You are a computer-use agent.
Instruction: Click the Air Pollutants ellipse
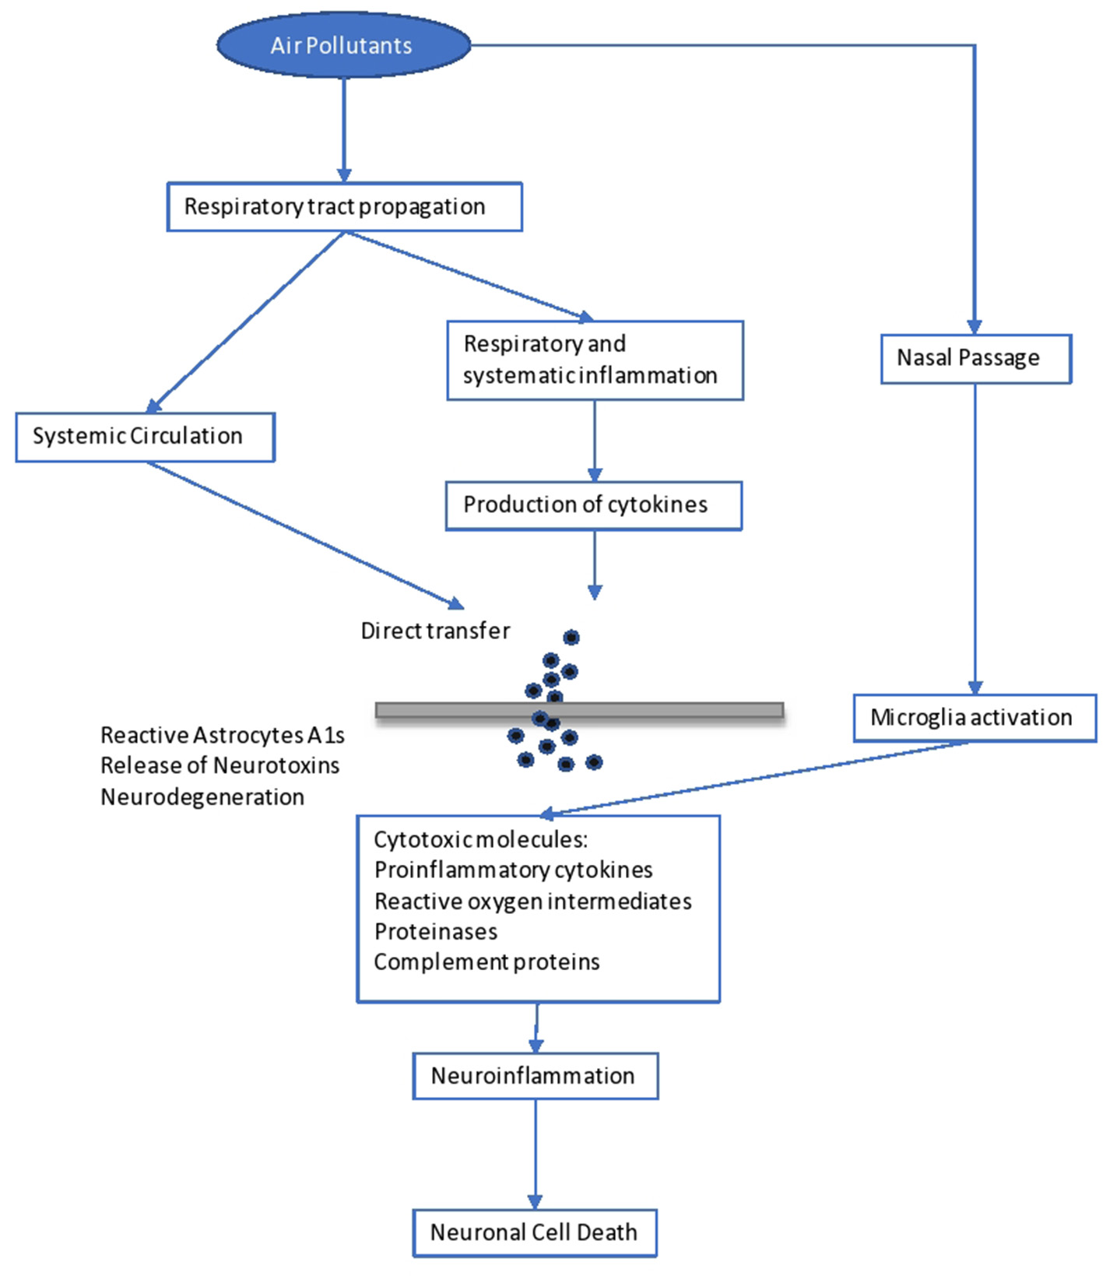[343, 45]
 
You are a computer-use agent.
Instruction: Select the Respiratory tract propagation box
[344, 207]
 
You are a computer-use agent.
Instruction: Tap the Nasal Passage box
[975, 359]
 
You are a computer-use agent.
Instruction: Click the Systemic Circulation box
[145, 437]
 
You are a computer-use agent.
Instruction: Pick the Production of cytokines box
[593, 505]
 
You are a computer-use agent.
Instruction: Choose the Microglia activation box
[974, 718]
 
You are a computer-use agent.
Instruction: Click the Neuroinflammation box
[535, 1076]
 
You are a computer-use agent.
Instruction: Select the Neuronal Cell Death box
[534, 1232]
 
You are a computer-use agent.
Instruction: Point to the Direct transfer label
[435, 631]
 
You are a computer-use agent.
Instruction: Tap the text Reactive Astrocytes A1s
[222, 735]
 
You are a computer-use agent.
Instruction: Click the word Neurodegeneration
[202, 797]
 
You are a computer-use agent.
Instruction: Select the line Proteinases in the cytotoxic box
[435, 932]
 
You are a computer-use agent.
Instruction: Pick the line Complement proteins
[487, 962]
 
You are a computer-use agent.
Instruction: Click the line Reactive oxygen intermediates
[532, 902]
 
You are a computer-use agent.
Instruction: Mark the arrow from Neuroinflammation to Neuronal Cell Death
[535, 1152]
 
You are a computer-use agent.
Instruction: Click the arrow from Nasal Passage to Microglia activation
[975, 537]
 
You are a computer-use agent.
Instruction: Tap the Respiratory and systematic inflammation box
[595, 360]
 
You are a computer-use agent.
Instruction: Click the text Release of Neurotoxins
[220, 766]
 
